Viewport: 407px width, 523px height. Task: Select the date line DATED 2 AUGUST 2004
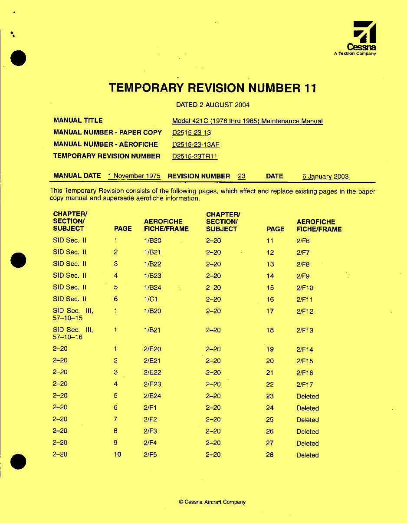pos(213,105)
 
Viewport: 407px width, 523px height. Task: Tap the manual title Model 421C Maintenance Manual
pos(247,121)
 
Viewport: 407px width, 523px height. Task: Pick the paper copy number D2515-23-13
pos(191,133)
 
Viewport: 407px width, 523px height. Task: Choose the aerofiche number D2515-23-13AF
pos(196,145)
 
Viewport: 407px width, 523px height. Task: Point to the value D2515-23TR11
pos(195,156)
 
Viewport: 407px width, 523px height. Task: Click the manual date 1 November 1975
pos(134,176)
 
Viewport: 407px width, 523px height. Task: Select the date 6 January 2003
pos(325,177)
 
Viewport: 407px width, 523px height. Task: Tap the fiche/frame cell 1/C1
pos(149,299)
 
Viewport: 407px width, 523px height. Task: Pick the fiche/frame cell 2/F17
pos(305,384)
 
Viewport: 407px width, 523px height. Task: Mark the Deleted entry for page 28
pos(308,455)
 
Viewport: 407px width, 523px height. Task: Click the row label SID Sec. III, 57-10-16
pos(73,333)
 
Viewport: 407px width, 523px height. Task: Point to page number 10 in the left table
pos(117,454)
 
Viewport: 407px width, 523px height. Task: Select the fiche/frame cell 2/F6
pos(303,241)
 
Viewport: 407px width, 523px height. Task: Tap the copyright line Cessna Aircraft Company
pos(212,502)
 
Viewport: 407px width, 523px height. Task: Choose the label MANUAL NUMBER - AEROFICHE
pos(105,144)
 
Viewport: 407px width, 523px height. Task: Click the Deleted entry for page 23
pos(308,396)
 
